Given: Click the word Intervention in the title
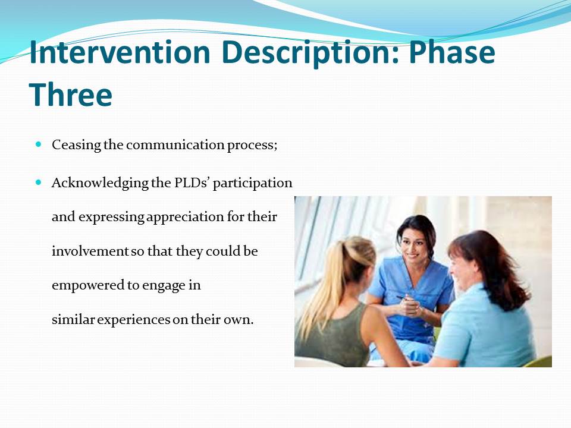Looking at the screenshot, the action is click(x=120, y=52).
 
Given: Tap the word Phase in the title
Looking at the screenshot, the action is click(x=452, y=52).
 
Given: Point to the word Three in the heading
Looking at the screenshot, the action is click(x=71, y=95).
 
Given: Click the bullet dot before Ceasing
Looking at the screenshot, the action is click(x=39, y=144).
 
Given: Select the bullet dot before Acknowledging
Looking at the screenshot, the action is click(x=39, y=182).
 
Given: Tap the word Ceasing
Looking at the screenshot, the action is click(x=77, y=146).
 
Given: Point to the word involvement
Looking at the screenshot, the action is click(x=90, y=251).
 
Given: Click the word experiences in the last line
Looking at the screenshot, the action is click(x=134, y=320).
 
